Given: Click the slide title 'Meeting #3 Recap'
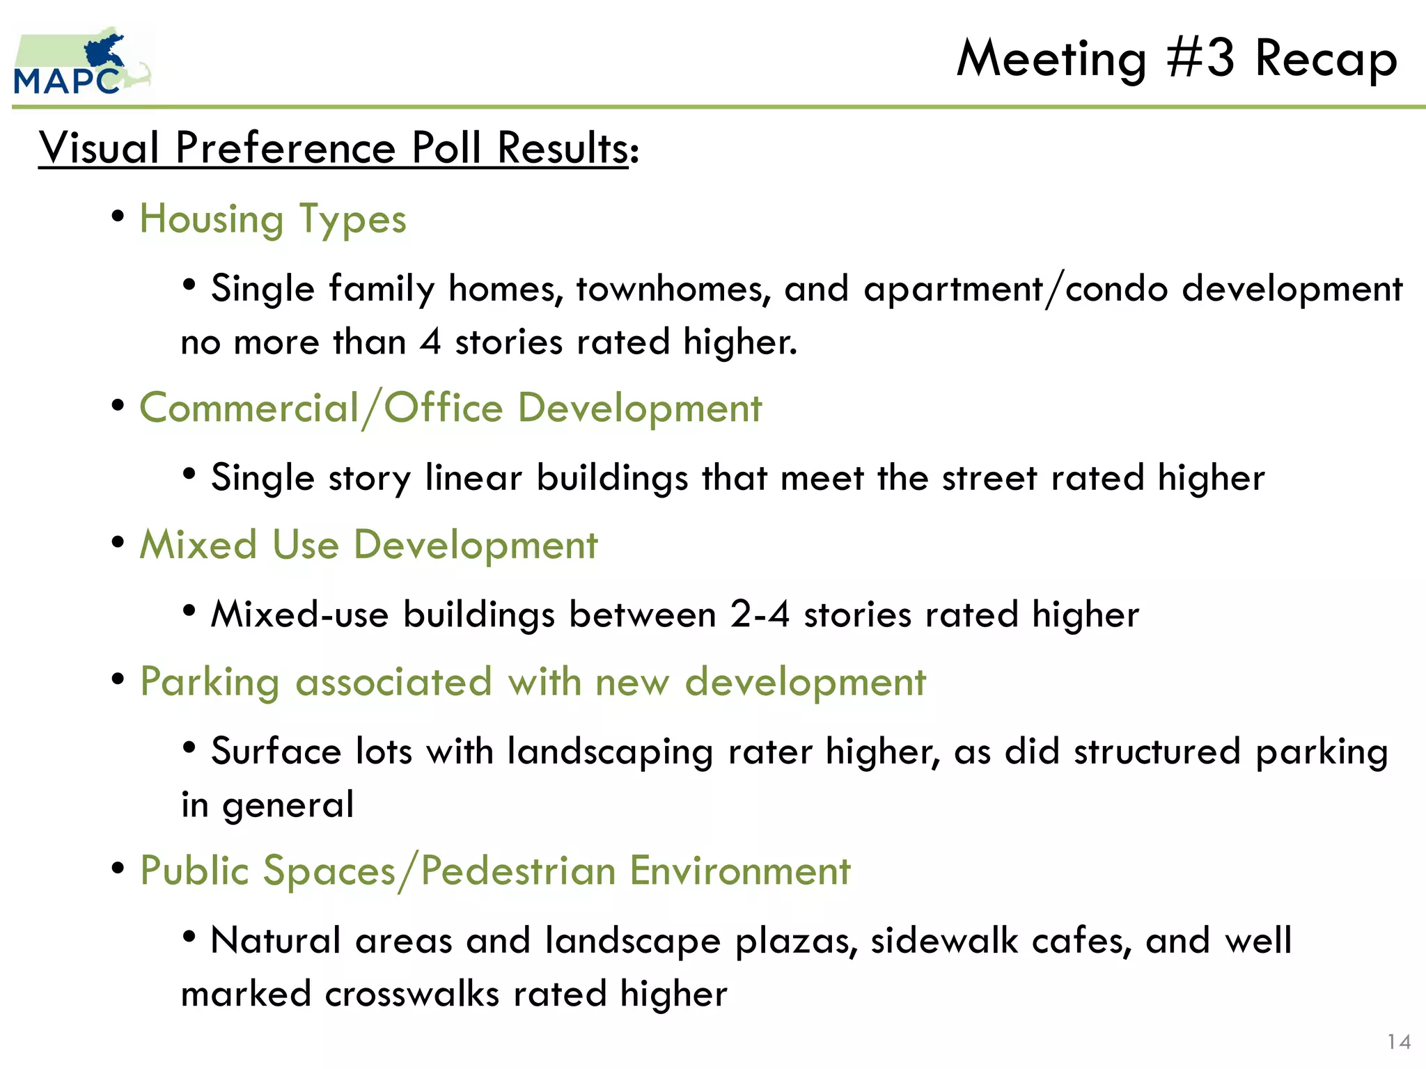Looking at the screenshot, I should pyautogui.click(x=1177, y=58).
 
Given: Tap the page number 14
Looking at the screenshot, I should pyautogui.click(x=1399, y=1041).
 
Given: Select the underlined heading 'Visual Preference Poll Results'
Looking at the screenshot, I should pyautogui.click(x=334, y=148).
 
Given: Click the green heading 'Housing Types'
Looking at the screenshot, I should pyautogui.click(x=273, y=220).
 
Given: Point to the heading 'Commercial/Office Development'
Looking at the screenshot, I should pyautogui.click(x=450, y=409).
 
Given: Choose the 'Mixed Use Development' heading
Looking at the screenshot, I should pyautogui.click(x=368, y=545).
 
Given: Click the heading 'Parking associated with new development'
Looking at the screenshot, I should pyautogui.click(x=533, y=682).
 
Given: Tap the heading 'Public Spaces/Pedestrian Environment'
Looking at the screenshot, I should pyautogui.click(x=495, y=871).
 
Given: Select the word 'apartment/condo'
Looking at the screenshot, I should pyautogui.click(x=1015, y=289).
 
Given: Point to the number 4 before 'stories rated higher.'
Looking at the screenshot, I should pyautogui.click(x=431, y=342).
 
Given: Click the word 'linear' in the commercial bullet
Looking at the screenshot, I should pyautogui.click(x=473, y=478).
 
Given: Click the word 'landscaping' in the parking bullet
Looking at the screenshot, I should pyautogui.click(x=610, y=752).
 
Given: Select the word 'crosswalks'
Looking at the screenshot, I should pyautogui.click(x=412, y=994).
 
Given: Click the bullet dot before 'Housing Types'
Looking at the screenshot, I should pyautogui.click(x=118, y=216).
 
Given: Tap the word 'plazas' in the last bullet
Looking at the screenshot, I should pyautogui.click(x=796, y=941).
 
